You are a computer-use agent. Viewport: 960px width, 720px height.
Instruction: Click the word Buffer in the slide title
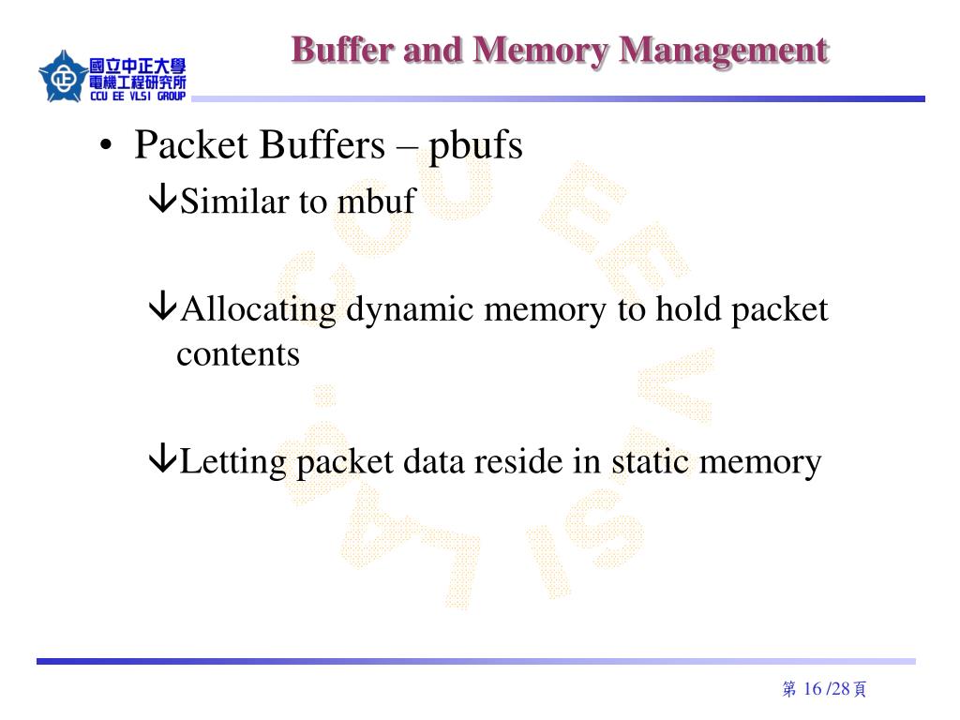tap(342, 50)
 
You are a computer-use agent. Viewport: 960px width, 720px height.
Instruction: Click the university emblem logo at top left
tap(63, 77)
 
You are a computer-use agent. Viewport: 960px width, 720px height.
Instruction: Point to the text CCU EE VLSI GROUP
tap(138, 97)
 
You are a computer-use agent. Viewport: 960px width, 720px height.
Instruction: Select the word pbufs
tap(475, 147)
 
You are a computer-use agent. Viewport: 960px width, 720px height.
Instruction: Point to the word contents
tap(238, 354)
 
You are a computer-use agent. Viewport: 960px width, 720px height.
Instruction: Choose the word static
tap(650, 461)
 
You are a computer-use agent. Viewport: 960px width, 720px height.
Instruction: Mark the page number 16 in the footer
tap(812, 690)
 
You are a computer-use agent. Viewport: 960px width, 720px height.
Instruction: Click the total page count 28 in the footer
tap(840, 690)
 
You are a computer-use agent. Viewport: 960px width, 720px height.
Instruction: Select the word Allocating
tap(258, 309)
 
